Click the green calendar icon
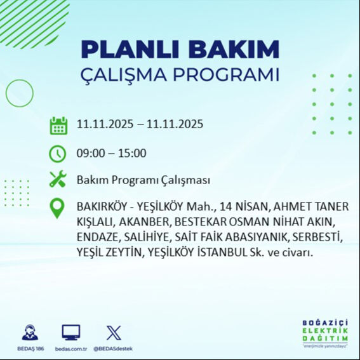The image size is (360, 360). (58, 124)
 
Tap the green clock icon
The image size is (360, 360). (58, 153)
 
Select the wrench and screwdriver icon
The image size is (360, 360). (58, 180)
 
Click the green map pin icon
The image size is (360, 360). (58, 208)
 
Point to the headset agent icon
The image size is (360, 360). (29, 332)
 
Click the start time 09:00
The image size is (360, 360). (90, 153)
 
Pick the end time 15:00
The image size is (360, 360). (133, 153)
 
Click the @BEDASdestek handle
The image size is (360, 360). (113, 349)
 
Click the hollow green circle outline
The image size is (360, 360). (19, 93)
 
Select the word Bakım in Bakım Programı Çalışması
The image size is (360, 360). (90, 180)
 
